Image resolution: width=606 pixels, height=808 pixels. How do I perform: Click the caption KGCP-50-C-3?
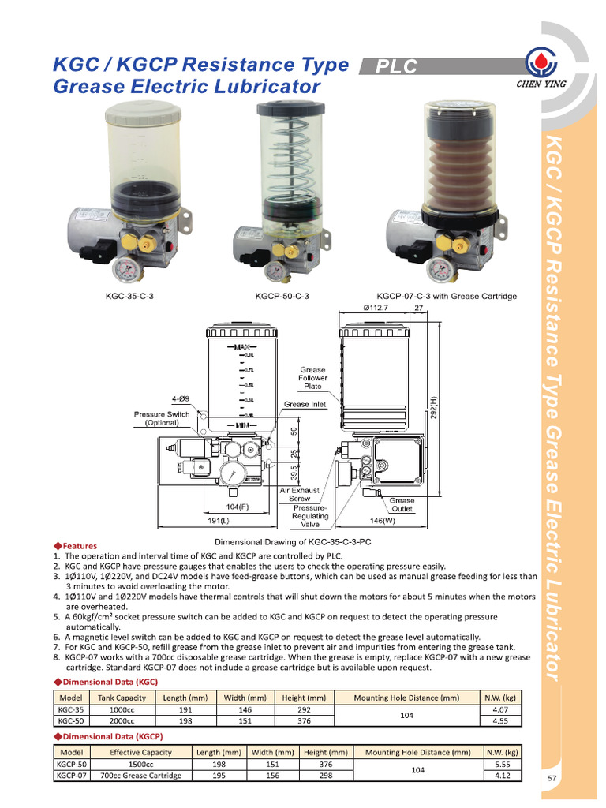click(x=282, y=297)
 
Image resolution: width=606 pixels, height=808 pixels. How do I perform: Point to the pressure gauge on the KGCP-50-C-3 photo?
click(x=275, y=271)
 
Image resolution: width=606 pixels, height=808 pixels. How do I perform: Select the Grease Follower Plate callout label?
click(x=312, y=378)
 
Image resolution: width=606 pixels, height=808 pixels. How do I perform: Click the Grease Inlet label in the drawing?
click(x=305, y=405)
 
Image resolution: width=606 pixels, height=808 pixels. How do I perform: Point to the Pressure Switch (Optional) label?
click(x=162, y=418)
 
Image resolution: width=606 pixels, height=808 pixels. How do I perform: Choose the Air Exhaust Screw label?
click(x=299, y=494)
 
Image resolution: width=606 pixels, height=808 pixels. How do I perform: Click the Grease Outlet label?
click(x=402, y=505)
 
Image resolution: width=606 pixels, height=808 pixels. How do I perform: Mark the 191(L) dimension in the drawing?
click(x=219, y=521)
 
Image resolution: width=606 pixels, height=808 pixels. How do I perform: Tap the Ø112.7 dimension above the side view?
click(x=376, y=307)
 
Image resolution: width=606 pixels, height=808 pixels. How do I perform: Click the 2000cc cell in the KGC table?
click(x=121, y=720)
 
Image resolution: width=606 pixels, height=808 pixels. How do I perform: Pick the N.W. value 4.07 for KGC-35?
click(x=499, y=709)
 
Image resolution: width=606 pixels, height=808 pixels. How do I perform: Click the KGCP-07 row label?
click(x=72, y=776)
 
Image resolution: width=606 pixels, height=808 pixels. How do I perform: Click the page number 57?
click(x=553, y=778)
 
